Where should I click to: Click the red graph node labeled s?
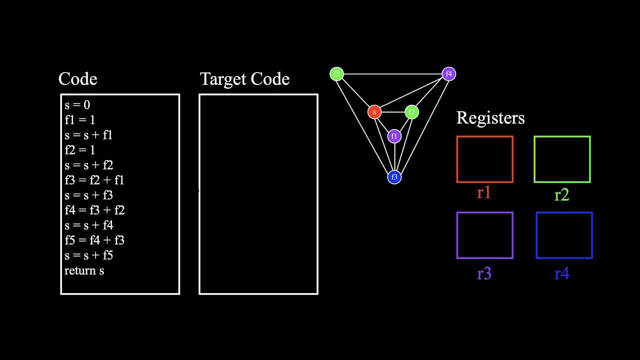coord(374,112)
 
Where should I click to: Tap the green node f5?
coord(337,74)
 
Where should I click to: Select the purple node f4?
coord(448,74)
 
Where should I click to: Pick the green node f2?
coord(411,112)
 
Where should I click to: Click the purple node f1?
coord(394,136)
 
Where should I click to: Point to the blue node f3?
coord(394,177)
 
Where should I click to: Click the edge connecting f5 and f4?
coord(392,74)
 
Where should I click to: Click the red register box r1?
coord(484,159)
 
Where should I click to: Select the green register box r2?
coord(562,159)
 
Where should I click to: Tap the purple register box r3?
coord(484,235)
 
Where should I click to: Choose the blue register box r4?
coord(564,235)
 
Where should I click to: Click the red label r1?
coord(483,193)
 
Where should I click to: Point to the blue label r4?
coord(561,274)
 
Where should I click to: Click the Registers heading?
coord(490,118)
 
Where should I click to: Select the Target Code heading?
coord(244,79)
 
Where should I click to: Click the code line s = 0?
coord(77,105)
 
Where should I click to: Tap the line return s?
coord(84,270)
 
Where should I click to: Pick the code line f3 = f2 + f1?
coord(94,180)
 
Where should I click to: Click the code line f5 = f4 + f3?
coord(94,240)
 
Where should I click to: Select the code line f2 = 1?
coord(79,150)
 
